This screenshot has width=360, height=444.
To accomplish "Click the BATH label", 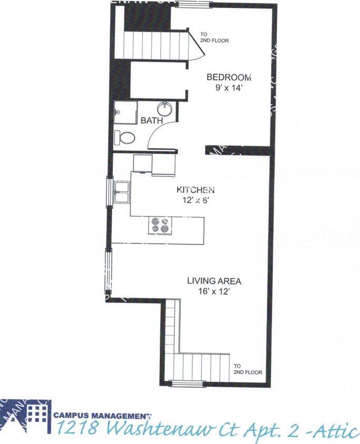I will coord(151,121).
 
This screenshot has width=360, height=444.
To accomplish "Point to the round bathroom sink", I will coord(164,110).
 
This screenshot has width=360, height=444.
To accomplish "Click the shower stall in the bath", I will coord(125,112).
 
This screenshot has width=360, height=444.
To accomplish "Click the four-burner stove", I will coord(161,225).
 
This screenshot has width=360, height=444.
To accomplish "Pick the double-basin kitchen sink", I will coord(121,193).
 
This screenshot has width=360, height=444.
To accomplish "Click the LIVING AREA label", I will coord(207,281).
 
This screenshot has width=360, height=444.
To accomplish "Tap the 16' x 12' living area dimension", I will coord(207,290).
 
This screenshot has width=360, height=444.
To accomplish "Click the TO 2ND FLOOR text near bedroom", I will coord(213,38).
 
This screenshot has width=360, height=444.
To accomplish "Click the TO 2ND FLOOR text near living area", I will coord(247,369).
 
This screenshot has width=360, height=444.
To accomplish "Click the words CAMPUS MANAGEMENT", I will coord(102,415).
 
